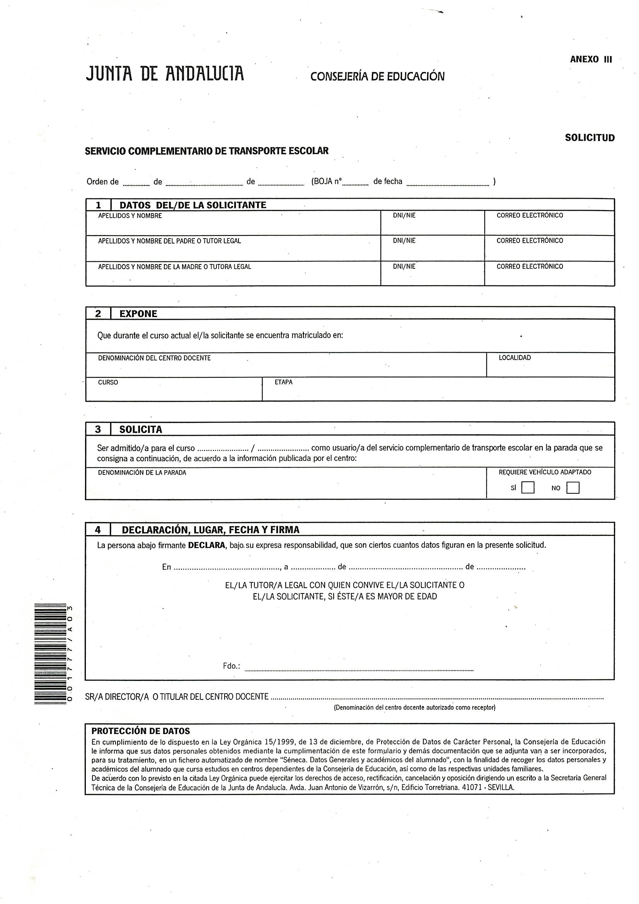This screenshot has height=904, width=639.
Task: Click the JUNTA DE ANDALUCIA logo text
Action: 165,73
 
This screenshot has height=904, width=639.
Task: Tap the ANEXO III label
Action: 591,60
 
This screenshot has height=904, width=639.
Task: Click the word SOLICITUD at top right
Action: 590,138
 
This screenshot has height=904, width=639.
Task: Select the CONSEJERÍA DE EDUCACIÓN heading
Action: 377,77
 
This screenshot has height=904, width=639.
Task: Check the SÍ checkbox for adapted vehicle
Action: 528,488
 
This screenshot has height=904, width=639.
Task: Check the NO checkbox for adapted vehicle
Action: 573,488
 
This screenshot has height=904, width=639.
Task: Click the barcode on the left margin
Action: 50,653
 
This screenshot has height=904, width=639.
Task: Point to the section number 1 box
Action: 99,205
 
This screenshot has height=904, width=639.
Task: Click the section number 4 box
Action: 98,530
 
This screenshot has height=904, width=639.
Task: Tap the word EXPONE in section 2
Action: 138,314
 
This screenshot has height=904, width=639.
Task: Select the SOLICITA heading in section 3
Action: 141,429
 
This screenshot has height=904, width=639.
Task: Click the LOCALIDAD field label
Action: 515,358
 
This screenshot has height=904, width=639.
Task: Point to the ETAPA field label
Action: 283,382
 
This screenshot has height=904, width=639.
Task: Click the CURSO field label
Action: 108,382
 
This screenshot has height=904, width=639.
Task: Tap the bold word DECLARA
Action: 206,545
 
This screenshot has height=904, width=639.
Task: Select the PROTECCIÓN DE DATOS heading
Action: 141,731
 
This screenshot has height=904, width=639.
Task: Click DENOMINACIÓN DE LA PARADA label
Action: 142,472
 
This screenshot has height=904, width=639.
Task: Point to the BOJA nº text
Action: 327,181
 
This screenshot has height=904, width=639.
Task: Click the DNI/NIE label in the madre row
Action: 404,266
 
